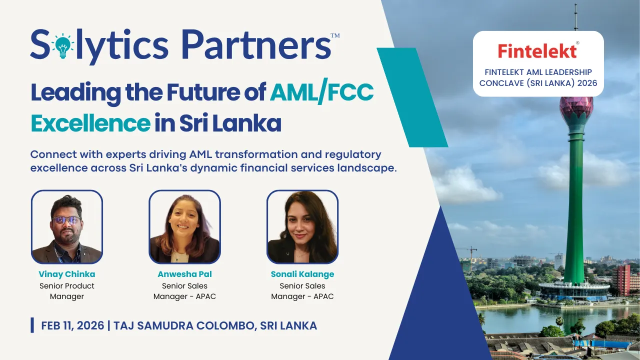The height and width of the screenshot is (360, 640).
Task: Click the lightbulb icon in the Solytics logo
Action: (x=62, y=45)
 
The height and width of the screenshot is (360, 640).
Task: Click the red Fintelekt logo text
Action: (x=537, y=50)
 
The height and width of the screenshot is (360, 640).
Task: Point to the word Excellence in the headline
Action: (x=90, y=123)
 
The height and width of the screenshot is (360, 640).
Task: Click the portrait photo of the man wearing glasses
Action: (x=67, y=227)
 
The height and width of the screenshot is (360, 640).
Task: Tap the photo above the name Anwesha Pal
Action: (x=184, y=227)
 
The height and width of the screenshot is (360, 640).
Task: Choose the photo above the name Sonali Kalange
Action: (x=302, y=227)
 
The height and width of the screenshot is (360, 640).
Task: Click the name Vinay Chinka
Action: (x=67, y=274)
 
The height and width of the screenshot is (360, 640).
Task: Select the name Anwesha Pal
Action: (x=184, y=274)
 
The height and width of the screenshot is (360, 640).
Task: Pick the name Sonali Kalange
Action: (x=302, y=274)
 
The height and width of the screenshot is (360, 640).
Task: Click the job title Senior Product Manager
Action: (x=67, y=291)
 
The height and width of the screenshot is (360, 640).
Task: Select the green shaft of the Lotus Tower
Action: (x=574, y=210)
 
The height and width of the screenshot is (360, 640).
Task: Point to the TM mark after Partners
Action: (x=335, y=35)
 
